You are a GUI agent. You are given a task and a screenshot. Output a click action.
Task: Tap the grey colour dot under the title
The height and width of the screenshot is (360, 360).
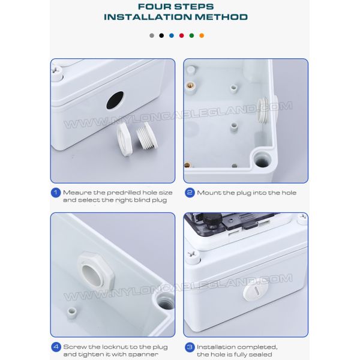[x=151, y=35]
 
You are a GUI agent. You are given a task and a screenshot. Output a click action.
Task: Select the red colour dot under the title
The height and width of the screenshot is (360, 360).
[x=181, y=35]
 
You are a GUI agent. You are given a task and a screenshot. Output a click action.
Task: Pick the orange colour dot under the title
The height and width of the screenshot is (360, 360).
[x=202, y=35]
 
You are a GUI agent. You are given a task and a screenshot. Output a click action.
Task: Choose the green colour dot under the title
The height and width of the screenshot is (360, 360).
[x=191, y=35]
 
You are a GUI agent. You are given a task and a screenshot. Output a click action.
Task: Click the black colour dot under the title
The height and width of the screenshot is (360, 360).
[x=161, y=35]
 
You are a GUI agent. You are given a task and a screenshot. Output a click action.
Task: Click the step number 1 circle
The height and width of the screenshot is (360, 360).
[x=55, y=193]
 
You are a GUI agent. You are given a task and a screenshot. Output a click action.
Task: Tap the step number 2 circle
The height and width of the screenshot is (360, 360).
[x=190, y=193]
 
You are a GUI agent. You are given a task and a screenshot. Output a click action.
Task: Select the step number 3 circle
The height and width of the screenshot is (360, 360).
[x=190, y=347]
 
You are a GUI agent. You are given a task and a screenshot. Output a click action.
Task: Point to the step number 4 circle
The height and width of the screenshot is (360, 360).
[x=55, y=347]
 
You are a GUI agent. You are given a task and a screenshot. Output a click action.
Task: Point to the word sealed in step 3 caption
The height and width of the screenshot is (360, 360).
[x=258, y=354]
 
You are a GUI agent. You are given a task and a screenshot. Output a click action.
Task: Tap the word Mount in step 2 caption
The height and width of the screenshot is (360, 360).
[x=209, y=193]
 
